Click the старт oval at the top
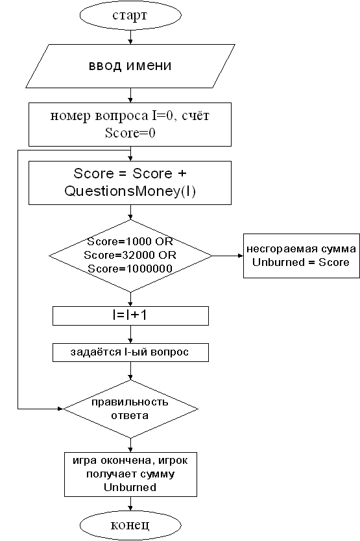130,15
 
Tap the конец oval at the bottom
130,525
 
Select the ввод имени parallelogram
130,66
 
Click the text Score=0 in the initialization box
130,132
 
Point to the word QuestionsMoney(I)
130,191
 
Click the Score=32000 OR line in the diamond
130,255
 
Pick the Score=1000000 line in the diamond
130,269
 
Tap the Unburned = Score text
300,262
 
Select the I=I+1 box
130,316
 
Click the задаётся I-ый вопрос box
130,352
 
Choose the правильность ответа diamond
130,409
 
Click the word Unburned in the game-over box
130,488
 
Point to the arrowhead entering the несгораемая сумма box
241,256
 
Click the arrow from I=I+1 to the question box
130,334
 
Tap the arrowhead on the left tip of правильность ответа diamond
60,409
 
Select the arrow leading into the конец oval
130,503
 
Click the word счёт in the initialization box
196,115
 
